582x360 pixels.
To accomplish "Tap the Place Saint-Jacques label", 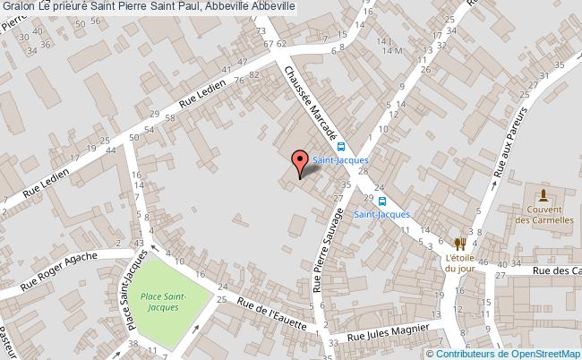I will (163, 301).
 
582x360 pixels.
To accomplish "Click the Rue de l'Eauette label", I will (272, 313).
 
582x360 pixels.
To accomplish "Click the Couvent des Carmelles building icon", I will (543, 195).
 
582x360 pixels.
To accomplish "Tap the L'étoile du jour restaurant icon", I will (459, 243).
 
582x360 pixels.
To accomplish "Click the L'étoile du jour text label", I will (459, 261).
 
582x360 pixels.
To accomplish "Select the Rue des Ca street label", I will (555, 270).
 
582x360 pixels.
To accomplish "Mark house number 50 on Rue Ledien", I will (133, 137).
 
